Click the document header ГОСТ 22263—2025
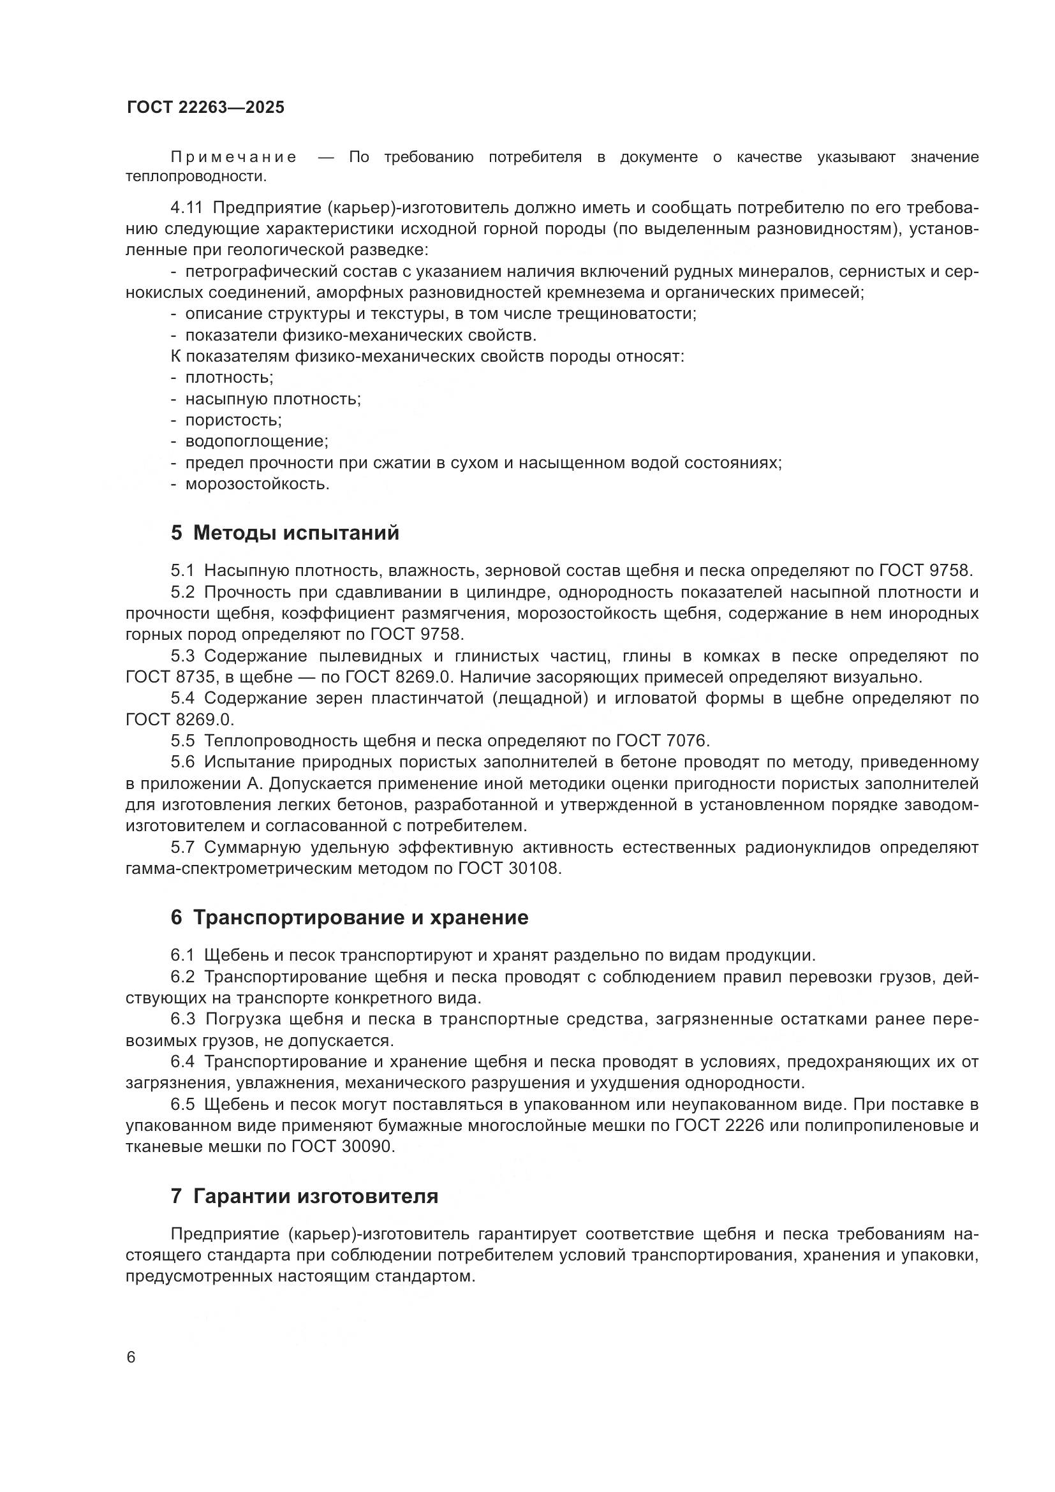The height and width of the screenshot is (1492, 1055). pyautogui.click(x=205, y=107)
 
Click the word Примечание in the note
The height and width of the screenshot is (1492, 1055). pyautogui.click(x=233, y=157)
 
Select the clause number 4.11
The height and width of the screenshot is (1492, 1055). pyautogui.click(x=187, y=207)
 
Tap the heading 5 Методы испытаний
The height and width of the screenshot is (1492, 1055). pyautogui.click(x=284, y=533)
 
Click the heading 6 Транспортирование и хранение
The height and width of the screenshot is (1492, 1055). pyautogui.click(x=350, y=917)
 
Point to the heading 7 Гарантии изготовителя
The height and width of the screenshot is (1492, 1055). pyautogui.click(x=304, y=1195)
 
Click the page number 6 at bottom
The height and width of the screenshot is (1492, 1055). pyautogui.click(x=131, y=1357)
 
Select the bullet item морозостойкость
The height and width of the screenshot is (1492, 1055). pyautogui.click(x=257, y=484)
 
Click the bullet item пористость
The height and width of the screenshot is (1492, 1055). pyautogui.click(x=233, y=420)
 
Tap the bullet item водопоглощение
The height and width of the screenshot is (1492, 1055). pyautogui.click(x=256, y=441)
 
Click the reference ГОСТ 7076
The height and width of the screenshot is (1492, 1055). pyautogui.click(x=663, y=741)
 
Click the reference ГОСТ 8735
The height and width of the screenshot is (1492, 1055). pyautogui.click(x=170, y=677)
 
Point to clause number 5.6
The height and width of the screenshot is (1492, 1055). pyautogui.click(x=182, y=762)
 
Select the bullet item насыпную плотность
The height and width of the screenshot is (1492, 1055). pyautogui.click(x=273, y=398)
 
